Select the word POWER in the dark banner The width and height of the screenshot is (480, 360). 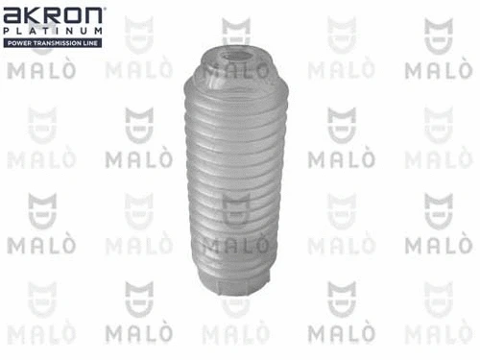19,44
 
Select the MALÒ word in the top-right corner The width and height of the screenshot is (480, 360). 438,69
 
